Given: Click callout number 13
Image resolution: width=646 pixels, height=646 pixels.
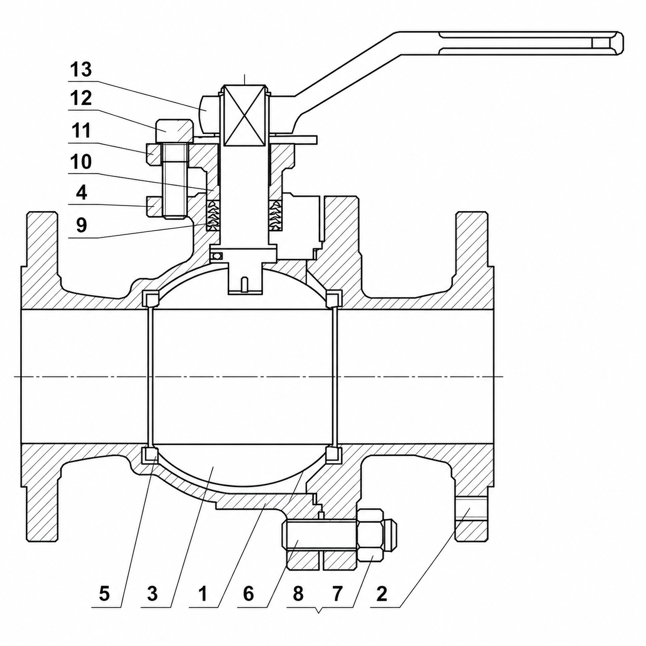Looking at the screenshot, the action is tap(81, 70).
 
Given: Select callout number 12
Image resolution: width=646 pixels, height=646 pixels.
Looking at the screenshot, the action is tap(81, 98).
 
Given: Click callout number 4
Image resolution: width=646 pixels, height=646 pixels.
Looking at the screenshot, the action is tap(81, 193).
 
